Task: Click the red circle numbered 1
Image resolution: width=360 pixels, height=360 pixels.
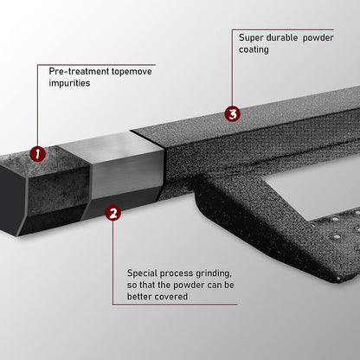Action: click(x=38, y=154)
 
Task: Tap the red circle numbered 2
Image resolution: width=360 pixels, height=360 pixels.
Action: click(x=113, y=213)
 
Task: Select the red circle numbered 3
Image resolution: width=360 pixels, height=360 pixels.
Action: click(x=232, y=113)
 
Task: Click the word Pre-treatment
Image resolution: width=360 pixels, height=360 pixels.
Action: click(x=79, y=71)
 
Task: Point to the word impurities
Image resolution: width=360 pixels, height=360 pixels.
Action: click(x=69, y=83)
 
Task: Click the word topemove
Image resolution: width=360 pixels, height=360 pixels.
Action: click(x=132, y=71)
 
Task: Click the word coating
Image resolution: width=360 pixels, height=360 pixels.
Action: click(x=254, y=49)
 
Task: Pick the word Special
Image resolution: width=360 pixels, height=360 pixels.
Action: click(x=143, y=273)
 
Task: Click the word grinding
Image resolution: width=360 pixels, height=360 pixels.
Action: click(x=214, y=273)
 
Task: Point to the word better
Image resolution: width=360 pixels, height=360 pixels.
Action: click(x=139, y=297)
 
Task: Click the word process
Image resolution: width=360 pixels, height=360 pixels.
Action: click(x=177, y=273)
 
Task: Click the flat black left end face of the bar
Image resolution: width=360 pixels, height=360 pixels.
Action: click(x=11, y=200)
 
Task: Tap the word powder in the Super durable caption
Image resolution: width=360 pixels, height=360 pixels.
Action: click(x=318, y=38)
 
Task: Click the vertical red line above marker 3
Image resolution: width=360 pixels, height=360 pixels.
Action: click(x=232, y=67)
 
